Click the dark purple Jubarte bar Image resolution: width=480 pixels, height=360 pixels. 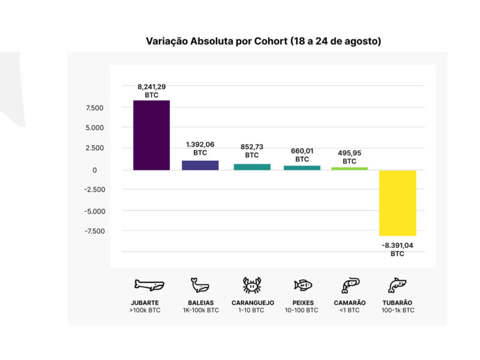151,135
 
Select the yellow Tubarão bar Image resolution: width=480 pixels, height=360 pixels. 397,203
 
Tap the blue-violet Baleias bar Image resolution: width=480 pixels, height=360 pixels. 200,165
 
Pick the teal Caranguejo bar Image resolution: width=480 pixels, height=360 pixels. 252,167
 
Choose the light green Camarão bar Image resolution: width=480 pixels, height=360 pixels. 349,169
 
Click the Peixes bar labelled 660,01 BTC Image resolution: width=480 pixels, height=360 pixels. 302,167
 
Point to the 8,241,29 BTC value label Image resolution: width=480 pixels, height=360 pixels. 151,91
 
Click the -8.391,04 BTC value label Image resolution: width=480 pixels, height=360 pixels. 397,249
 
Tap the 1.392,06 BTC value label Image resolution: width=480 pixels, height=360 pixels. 200,149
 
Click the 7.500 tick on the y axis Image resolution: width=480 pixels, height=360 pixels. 95,108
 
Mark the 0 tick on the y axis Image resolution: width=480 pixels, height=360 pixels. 94,170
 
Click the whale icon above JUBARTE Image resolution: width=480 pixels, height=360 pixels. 149,284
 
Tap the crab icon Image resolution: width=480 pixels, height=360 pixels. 252,284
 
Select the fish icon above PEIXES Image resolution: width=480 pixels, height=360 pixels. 302,285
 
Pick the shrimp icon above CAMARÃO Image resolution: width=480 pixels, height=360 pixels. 350,284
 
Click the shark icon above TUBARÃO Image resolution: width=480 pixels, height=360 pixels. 397,284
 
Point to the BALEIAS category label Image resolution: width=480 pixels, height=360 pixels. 200,303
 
